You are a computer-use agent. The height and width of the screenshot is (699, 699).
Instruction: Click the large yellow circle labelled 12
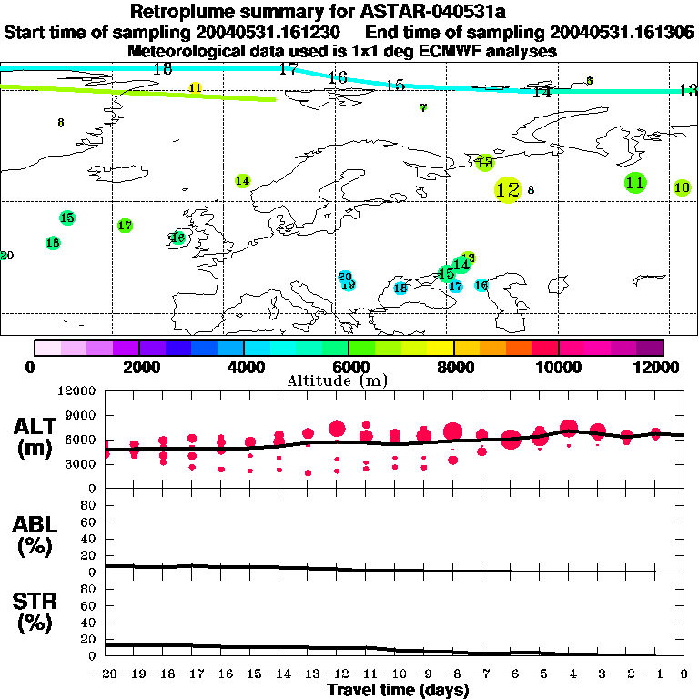(x=508, y=190)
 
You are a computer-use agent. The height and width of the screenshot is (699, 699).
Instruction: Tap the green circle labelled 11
(x=635, y=182)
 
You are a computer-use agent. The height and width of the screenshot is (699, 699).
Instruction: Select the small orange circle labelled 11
(x=195, y=87)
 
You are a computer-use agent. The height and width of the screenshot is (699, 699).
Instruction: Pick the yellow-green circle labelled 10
(x=683, y=187)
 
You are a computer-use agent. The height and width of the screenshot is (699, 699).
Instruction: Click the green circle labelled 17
(x=125, y=225)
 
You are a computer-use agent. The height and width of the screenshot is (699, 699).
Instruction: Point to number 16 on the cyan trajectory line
(x=338, y=78)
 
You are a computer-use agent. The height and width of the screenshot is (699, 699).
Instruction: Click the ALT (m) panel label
(x=35, y=437)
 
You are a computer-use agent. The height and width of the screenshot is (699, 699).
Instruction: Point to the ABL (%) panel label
(x=35, y=535)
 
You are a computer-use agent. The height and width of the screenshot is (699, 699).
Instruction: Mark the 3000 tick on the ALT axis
(x=81, y=463)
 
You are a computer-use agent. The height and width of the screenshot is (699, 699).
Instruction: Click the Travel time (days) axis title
(x=398, y=690)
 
